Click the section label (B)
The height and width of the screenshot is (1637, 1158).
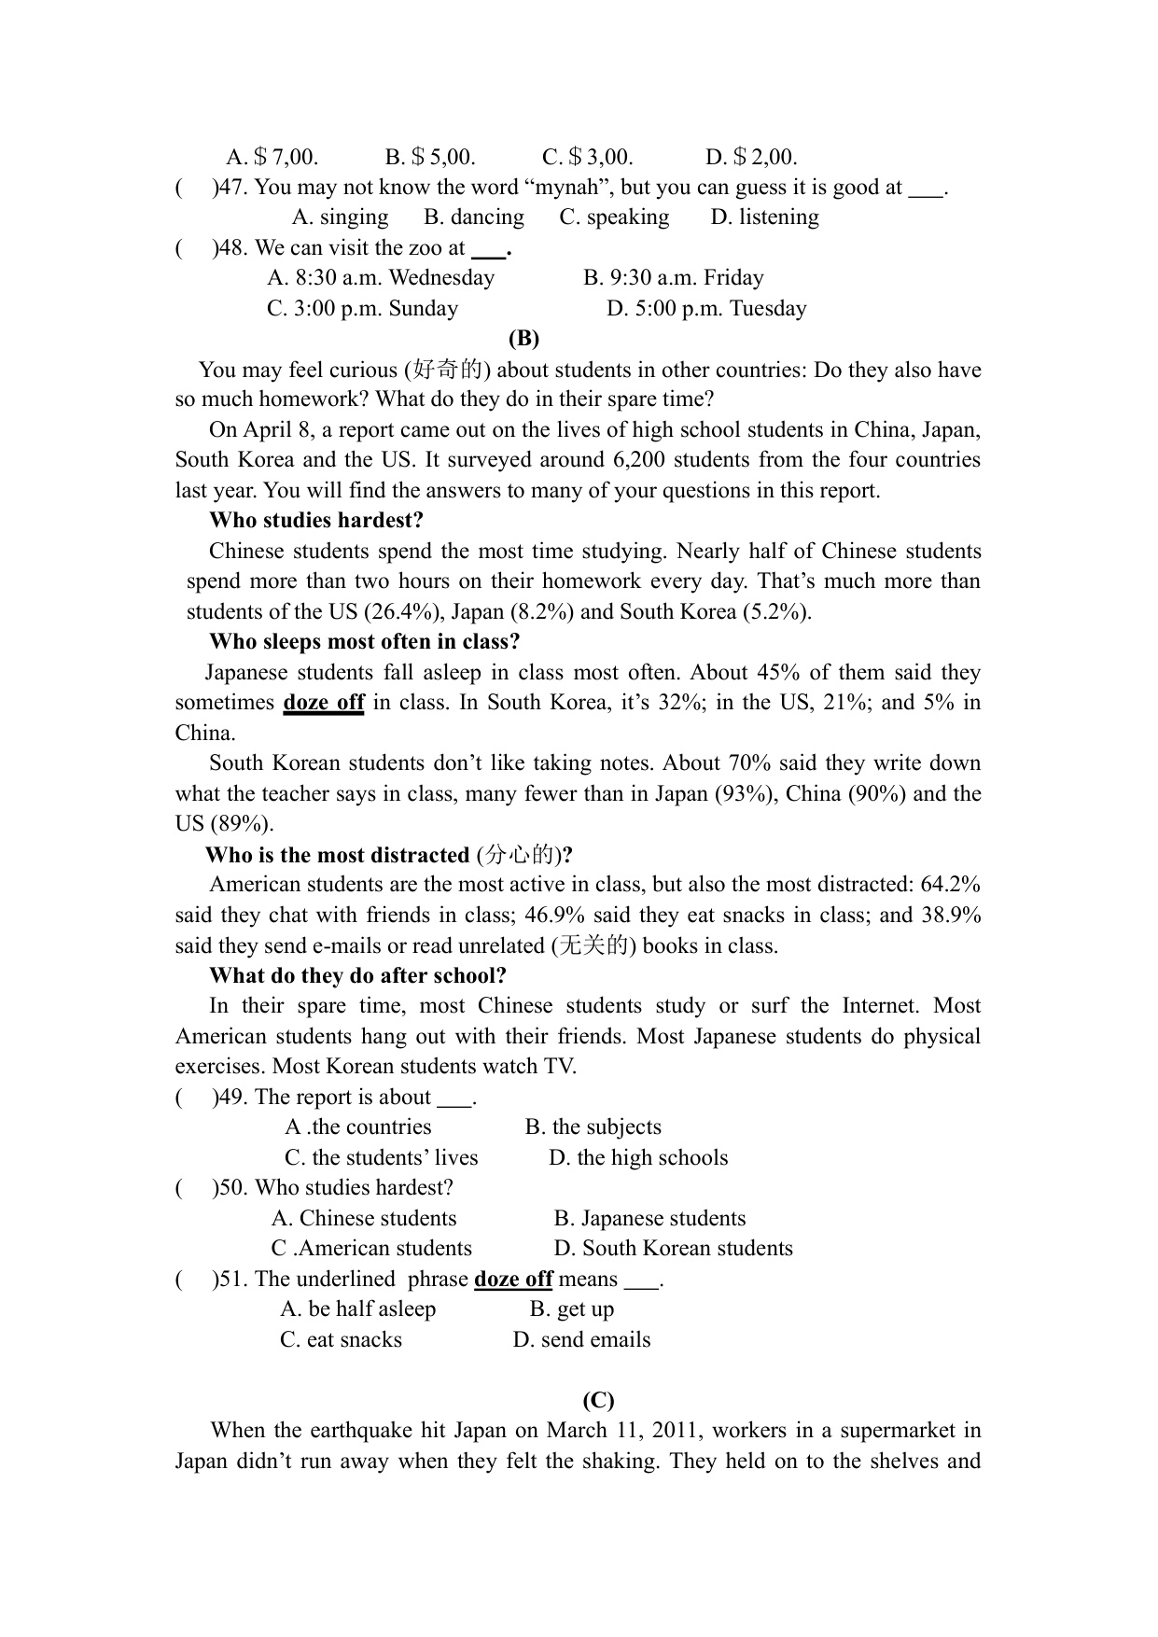(x=523, y=338)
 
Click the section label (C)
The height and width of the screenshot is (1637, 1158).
(x=598, y=1400)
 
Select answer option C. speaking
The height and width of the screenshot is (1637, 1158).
(x=614, y=217)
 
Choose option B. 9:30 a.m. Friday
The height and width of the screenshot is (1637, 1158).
(x=673, y=278)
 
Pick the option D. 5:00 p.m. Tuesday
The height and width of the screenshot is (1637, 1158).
(x=706, y=309)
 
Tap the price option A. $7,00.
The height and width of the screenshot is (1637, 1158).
(x=272, y=157)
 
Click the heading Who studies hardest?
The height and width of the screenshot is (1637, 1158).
(x=315, y=521)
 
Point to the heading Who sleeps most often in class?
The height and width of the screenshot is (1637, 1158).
(x=364, y=642)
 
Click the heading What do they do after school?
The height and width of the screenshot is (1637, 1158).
(x=357, y=976)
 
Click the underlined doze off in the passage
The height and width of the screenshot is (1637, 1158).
(x=323, y=703)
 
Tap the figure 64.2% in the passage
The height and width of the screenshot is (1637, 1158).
(x=950, y=885)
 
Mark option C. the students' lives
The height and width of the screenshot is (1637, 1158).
(x=381, y=1158)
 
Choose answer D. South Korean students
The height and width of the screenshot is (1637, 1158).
(x=673, y=1249)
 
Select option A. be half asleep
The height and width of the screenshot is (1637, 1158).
(x=357, y=1309)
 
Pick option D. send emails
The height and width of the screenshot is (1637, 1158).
(x=581, y=1340)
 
